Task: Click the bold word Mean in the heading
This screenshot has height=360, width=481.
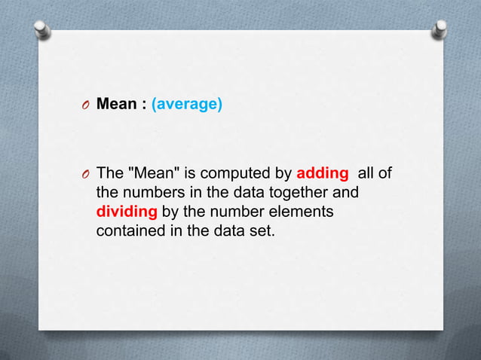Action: click(x=116, y=104)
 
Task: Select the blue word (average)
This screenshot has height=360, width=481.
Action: click(x=187, y=104)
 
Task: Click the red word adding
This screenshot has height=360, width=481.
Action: click(x=323, y=174)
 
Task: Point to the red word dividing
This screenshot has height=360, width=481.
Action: click(x=127, y=212)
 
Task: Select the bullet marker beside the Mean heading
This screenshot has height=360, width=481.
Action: click(x=87, y=105)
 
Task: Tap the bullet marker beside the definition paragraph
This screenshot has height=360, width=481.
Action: click(x=87, y=175)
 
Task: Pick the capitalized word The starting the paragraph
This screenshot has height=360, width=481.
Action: click(x=110, y=174)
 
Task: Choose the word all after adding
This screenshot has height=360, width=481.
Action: click(x=366, y=174)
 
